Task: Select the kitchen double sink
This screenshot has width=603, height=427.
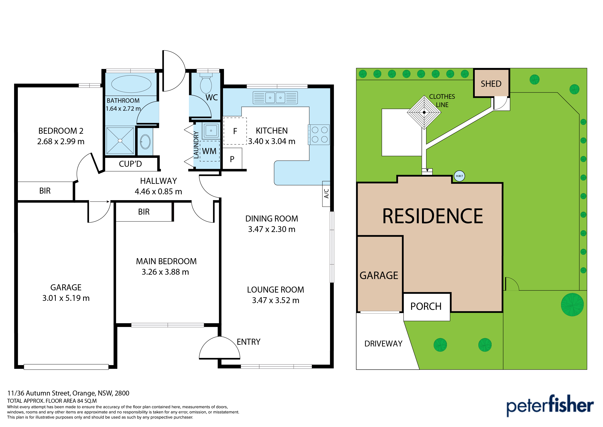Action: pyautogui.click(x=275, y=98)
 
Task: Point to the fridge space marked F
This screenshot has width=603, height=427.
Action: pyautogui.click(x=235, y=131)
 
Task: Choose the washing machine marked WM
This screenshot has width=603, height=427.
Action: pyautogui.click(x=210, y=151)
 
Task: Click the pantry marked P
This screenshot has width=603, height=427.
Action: pyautogui.click(x=232, y=159)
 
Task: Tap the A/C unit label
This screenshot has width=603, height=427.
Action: pyautogui.click(x=326, y=193)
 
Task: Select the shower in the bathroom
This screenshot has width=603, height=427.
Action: pyautogui.click(x=120, y=141)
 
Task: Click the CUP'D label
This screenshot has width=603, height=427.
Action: pyautogui.click(x=130, y=164)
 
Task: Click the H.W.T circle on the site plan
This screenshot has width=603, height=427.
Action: pyautogui.click(x=459, y=176)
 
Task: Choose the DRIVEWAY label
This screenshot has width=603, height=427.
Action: pyautogui.click(x=383, y=344)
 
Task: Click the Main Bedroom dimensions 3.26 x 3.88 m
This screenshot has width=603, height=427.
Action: pyautogui.click(x=166, y=272)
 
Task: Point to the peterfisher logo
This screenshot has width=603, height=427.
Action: pyautogui.click(x=550, y=406)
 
